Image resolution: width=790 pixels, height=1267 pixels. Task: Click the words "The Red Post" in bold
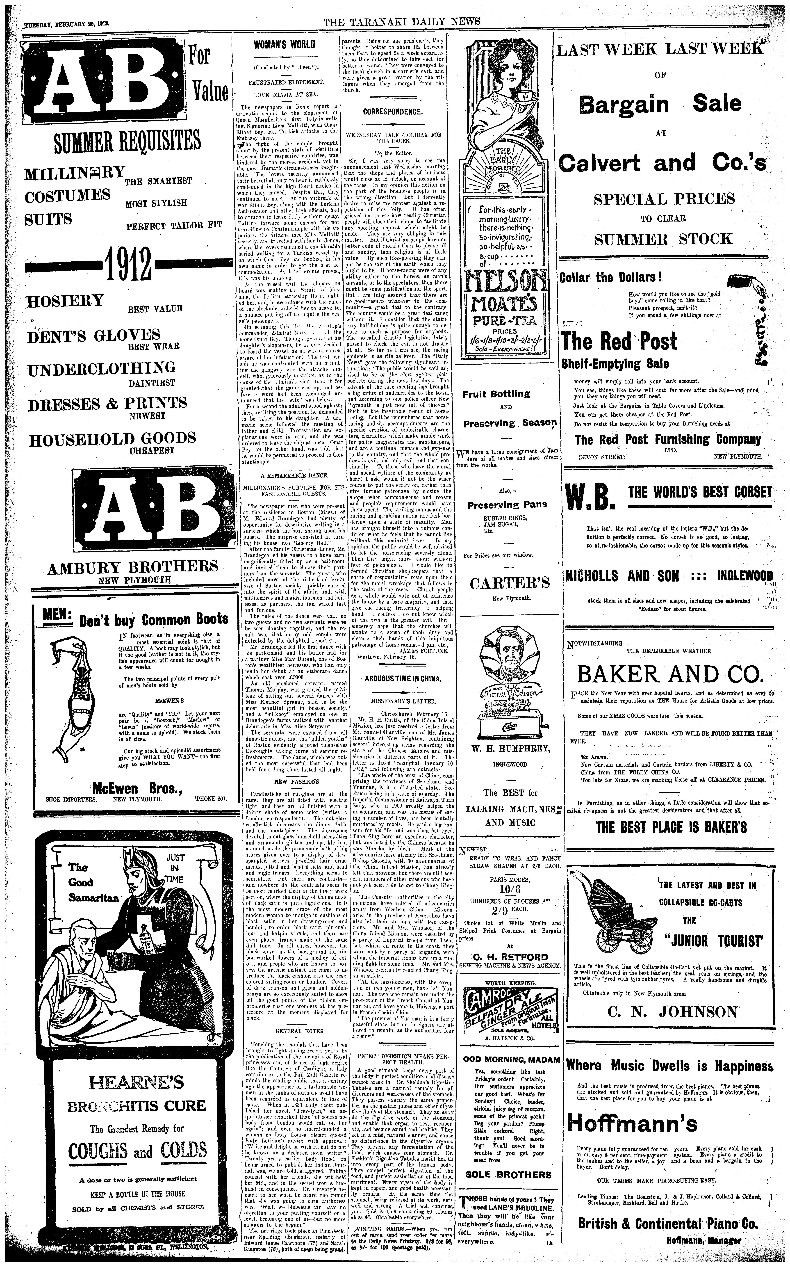point(619,341)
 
